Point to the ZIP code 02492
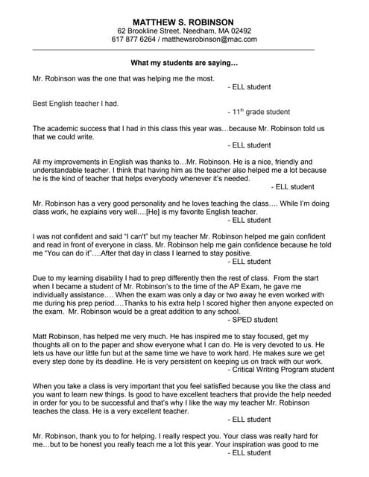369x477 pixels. click(x=241, y=31)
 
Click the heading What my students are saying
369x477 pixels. click(x=184, y=63)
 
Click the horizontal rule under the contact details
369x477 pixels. click(x=184, y=49)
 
